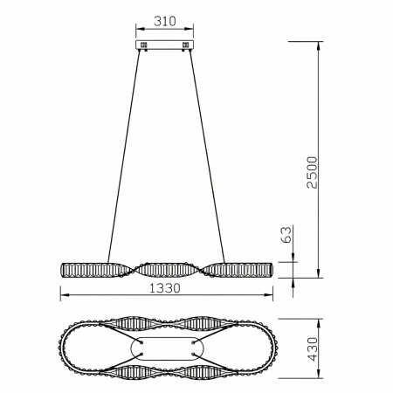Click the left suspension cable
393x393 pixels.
tap(125, 157)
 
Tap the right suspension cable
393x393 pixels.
tap(206, 157)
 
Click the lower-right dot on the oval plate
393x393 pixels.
tap(192, 353)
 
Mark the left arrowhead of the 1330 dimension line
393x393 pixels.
tap(62, 298)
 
